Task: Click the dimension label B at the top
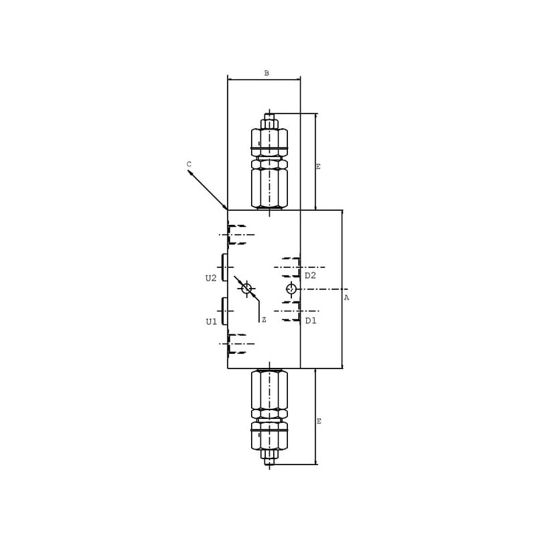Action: [x=266, y=73]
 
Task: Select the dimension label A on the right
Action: [x=346, y=297]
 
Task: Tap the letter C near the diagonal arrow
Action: [x=189, y=164]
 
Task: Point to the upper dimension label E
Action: [x=318, y=166]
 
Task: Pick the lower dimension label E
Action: [x=319, y=422]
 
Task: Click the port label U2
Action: [x=211, y=278]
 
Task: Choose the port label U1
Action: [x=211, y=322]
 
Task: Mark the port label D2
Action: [x=310, y=275]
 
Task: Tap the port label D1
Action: [x=311, y=321]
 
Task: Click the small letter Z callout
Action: [x=264, y=320]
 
